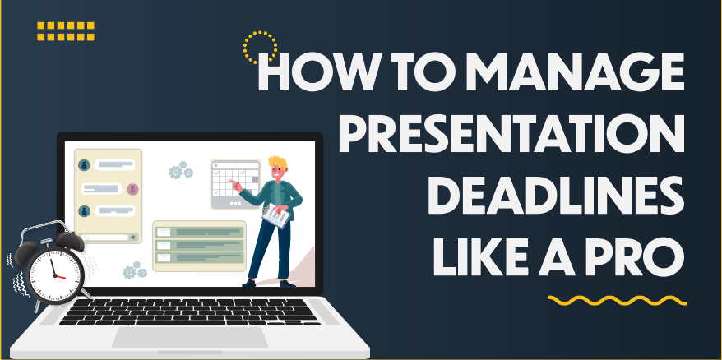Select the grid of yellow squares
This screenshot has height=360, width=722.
click(67, 31)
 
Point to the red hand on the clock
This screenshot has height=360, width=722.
click(57, 276)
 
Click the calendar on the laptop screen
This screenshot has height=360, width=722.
click(234, 183)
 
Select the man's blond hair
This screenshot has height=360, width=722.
click(276, 160)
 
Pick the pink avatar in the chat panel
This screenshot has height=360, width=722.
click(132, 189)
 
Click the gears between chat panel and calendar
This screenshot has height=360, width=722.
click(179, 172)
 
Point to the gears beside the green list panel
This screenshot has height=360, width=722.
click(134, 270)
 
